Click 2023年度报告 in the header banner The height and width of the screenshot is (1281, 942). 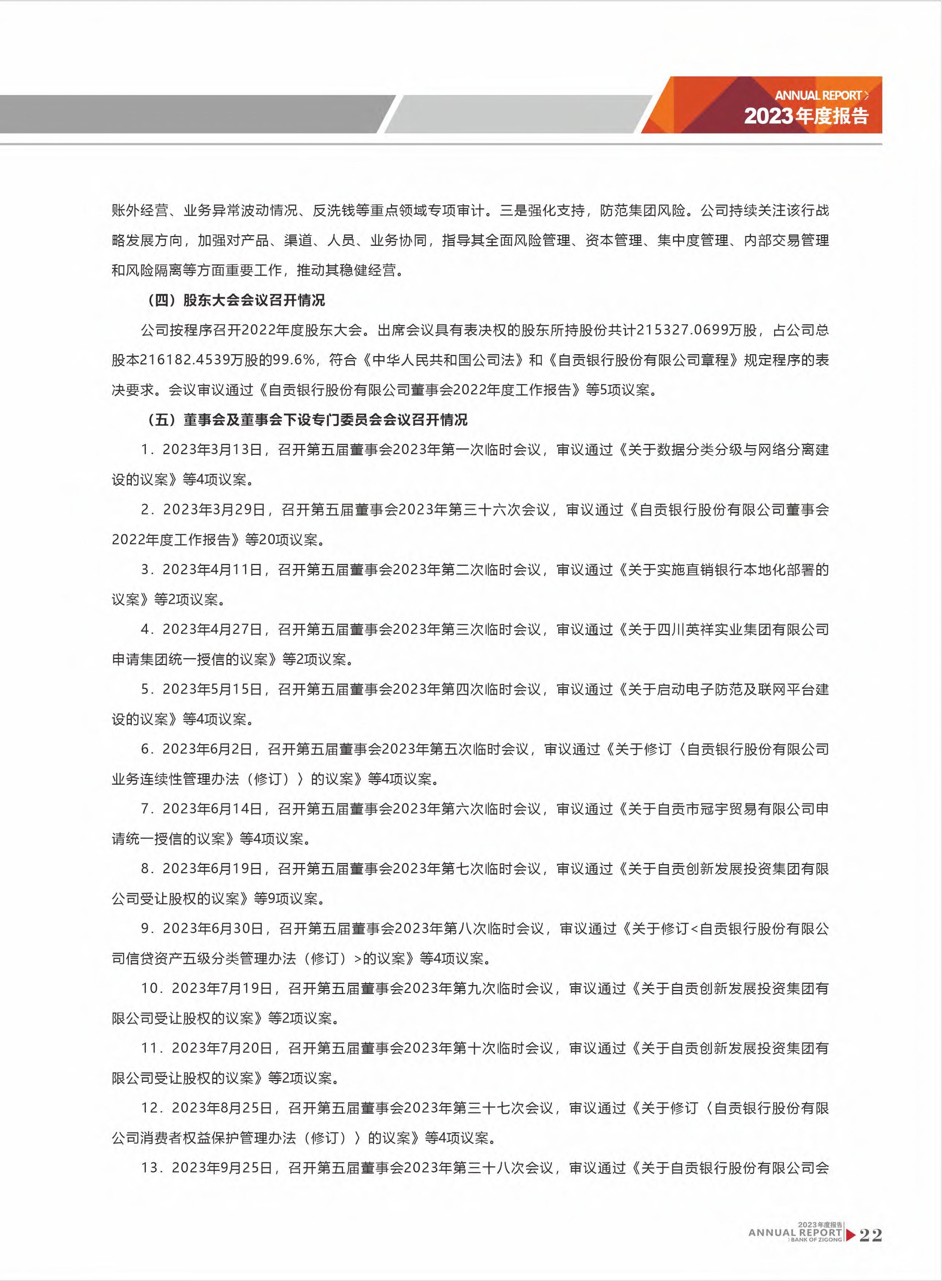[x=806, y=116]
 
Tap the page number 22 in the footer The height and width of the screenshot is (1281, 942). [x=870, y=1235]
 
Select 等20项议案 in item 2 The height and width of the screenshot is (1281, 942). [x=282, y=540]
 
